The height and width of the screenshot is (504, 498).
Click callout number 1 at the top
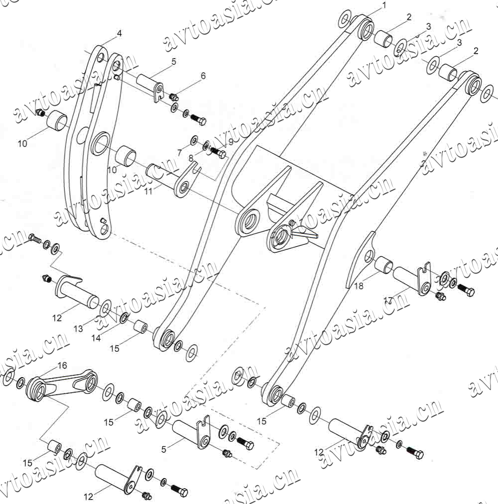[384, 5]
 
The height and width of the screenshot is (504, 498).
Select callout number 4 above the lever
[119, 34]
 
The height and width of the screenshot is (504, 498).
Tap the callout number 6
[203, 76]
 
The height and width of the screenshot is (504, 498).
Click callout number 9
[230, 142]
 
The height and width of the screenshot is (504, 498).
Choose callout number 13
[78, 329]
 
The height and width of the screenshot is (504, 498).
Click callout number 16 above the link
[62, 365]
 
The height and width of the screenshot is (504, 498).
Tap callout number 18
[359, 286]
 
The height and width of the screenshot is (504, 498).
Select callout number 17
[388, 300]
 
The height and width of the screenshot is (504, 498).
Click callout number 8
[191, 158]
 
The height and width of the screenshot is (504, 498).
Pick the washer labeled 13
[106, 308]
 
